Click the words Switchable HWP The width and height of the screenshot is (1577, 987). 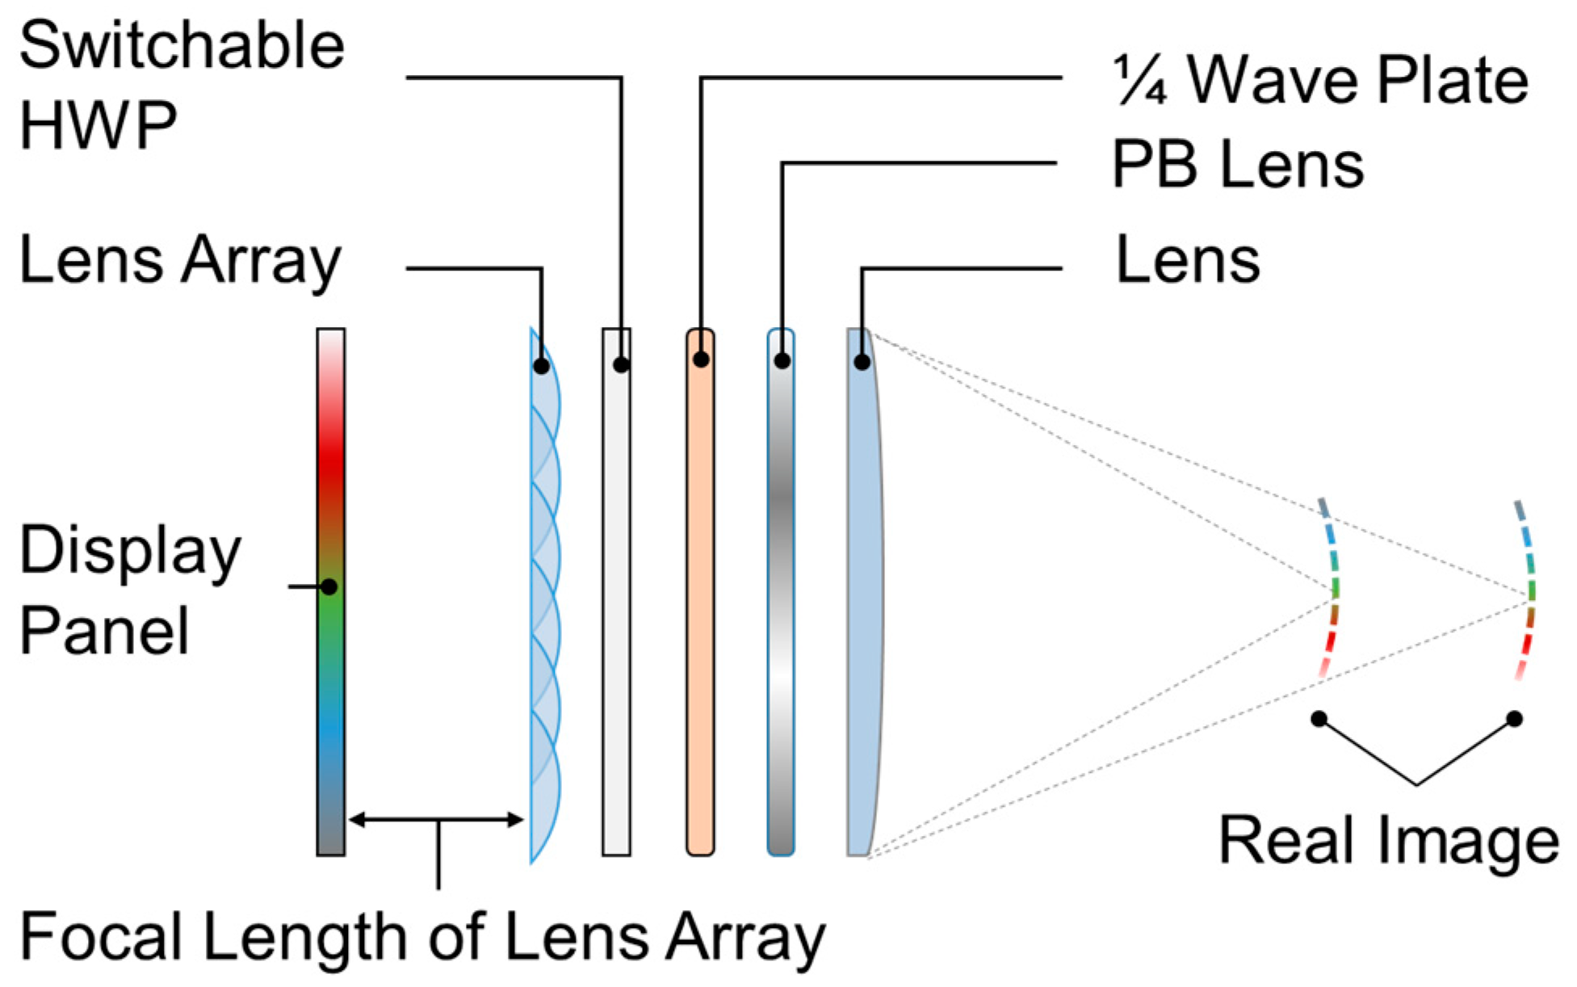tap(182, 85)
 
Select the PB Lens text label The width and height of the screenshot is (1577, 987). tap(1237, 164)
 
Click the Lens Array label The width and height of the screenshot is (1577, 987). tap(180, 261)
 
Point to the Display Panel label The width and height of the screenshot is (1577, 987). tap(129, 590)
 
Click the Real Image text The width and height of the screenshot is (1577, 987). tap(1387, 840)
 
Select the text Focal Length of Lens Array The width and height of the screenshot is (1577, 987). tap(422, 937)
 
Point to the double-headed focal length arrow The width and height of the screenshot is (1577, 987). tap(436, 820)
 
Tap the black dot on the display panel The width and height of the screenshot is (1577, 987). tap(329, 586)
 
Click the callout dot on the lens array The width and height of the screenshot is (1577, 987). tap(541, 366)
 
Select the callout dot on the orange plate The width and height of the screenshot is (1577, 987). tap(701, 359)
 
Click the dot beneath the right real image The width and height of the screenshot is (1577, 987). tap(1514, 718)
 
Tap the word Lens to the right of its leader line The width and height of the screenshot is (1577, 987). tap(1187, 261)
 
